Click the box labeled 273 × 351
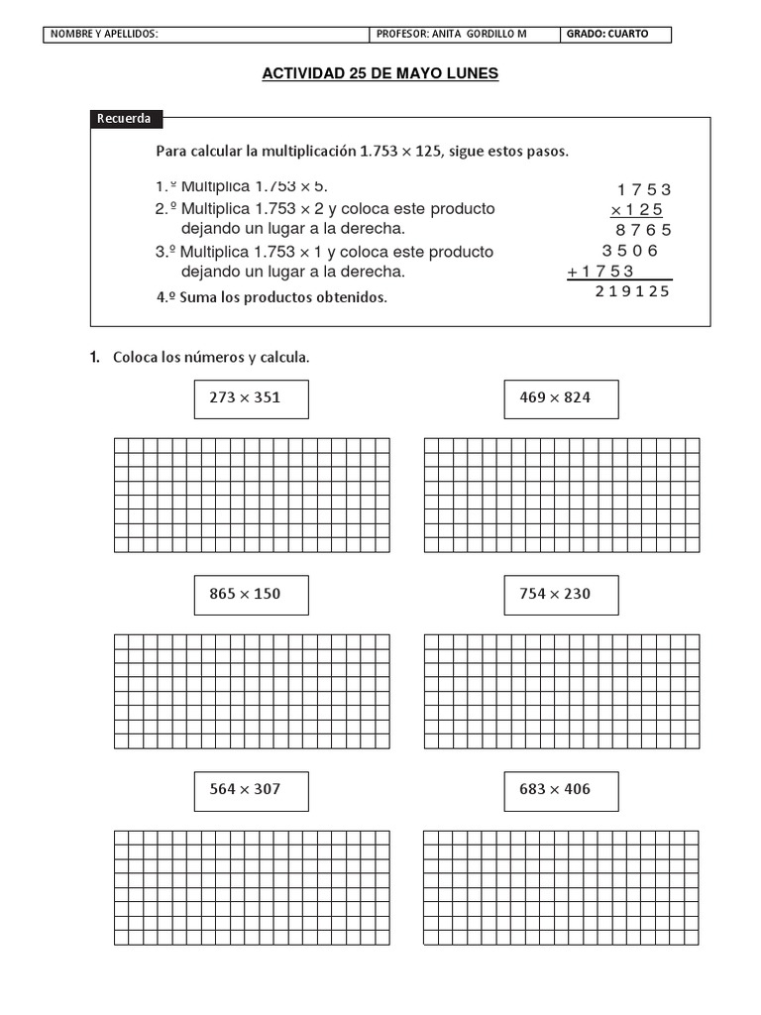(x=251, y=398)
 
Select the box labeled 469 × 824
(x=561, y=398)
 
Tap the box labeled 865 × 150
(x=251, y=595)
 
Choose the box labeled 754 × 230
(x=561, y=595)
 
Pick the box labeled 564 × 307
(x=251, y=790)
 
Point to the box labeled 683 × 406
(x=561, y=790)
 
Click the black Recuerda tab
(x=126, y=119)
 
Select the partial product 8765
(x=644, y=230)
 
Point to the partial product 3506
(x=630, y=251)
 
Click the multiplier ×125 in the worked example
(x=637, y=209)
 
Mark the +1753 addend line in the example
(x=601, y=272)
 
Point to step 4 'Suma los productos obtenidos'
(x=272, y=296)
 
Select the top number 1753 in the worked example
(x=644, y=189)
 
